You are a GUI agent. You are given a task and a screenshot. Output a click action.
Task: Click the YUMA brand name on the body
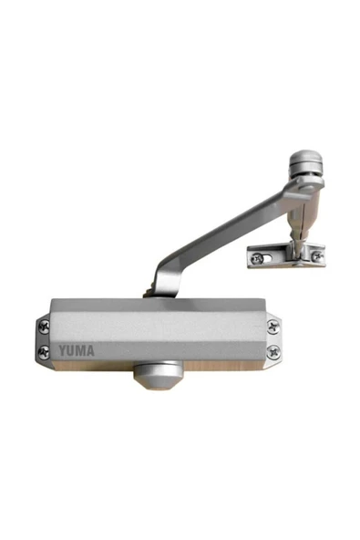[76, 349]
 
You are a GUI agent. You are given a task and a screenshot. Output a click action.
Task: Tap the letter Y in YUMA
[64, 349]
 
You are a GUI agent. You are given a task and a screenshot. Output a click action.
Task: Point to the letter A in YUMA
[89, 349]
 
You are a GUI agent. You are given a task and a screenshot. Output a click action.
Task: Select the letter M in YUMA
[81, 349]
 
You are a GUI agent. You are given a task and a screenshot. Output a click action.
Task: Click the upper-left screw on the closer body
[45, 326]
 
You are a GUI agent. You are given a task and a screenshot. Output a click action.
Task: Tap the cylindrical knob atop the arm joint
[304, 167]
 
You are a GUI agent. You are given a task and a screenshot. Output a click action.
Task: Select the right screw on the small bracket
[316, 256]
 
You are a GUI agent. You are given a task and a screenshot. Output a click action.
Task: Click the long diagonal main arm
[228, 228]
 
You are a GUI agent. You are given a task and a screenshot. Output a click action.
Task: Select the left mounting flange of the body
[44, 337]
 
